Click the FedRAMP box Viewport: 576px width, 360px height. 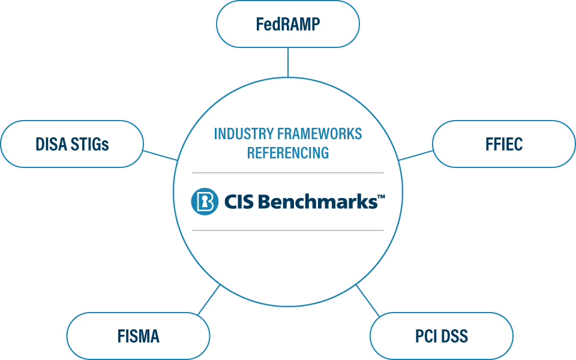pos(287,25)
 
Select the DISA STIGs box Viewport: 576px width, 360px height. pos(72,144)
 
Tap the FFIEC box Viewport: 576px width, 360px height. pos(503,144)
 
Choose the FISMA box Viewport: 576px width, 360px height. pos(138,336)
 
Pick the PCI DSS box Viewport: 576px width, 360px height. pos(441,336)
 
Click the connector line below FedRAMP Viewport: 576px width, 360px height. pos(288,62)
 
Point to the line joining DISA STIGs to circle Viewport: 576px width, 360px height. pos(160,155)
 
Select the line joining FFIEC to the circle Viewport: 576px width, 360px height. pos(416,155)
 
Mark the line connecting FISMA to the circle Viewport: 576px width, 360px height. pos(208,300)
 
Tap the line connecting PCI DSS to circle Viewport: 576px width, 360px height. pos(368,300)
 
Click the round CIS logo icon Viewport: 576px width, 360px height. pos(205,202)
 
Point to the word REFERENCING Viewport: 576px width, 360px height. pos(288,153)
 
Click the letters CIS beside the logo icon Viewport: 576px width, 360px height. pos(239,202)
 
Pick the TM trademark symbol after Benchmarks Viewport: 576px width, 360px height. pos(380,197)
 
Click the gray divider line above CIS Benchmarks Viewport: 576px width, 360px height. pos(288,173)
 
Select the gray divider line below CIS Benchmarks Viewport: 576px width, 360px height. pos(288,230)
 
